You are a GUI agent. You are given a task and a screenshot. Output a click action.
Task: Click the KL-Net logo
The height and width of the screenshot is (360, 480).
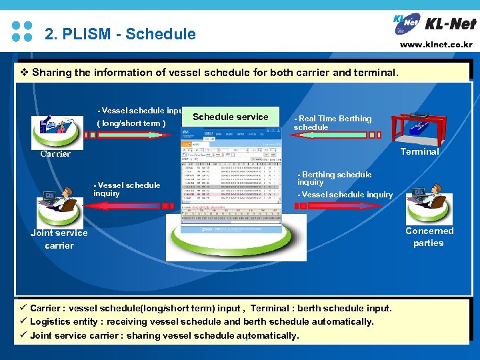coord(435,25)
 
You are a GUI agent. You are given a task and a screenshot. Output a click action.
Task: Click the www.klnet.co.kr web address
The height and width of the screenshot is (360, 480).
coord(436,45)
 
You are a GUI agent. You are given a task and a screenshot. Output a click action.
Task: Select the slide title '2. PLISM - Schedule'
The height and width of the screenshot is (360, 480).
coord(120,33)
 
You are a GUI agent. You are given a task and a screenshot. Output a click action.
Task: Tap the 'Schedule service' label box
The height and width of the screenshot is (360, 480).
coord(231,117)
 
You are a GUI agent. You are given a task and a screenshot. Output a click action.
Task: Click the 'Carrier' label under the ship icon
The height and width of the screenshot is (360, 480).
coord(55,154)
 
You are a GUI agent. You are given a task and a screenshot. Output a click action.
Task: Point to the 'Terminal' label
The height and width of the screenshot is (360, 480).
coord(419,151)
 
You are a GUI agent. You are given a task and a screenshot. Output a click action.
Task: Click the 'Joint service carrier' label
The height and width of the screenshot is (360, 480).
coord(59,239)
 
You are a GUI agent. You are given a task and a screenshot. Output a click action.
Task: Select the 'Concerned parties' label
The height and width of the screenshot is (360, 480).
coord(429,237)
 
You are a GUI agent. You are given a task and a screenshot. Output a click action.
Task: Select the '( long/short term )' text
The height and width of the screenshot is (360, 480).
coord(131,123)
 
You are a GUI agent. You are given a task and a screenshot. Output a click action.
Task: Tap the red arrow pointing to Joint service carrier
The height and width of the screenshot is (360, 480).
coord(133,206)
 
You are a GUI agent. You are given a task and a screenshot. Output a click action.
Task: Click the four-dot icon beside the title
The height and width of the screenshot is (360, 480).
coord(22,31)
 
